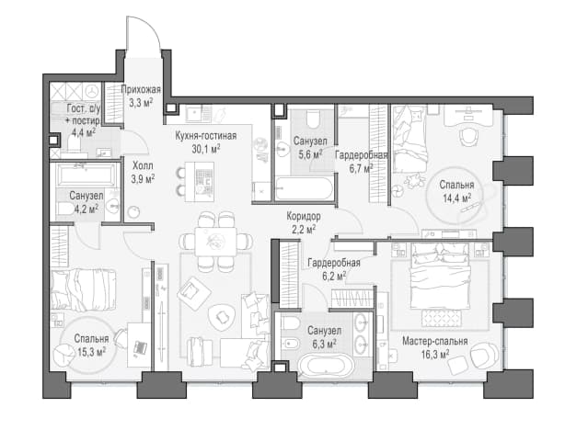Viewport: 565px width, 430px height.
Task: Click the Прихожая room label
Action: click(x=141, y=89)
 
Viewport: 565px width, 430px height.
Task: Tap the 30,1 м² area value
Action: click(x=206, y=149)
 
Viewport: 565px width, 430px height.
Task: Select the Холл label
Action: click(x=143, y=166)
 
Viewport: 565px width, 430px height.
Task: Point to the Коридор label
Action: click(x=304, y=216)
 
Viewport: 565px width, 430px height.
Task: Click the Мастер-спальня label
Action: click(x=435, y=341)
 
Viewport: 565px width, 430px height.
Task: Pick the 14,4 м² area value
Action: click(x=457, y=198)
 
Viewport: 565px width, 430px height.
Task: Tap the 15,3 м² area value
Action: click(x=91, y=352)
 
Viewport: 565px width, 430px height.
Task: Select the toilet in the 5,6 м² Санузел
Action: click(x=312, y=119)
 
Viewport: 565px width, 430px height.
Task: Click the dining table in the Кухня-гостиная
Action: click(x=216, y=241)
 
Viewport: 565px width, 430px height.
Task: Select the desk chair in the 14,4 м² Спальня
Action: click(x=470, y=136)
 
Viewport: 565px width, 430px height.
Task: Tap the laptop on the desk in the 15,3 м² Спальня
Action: click(x=140, y=347)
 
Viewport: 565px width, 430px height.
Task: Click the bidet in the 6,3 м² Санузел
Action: click(x=290, y=345)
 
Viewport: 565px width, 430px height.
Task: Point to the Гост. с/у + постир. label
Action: click(x=84, y=120)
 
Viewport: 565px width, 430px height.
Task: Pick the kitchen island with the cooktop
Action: click(x=200, y=182)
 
